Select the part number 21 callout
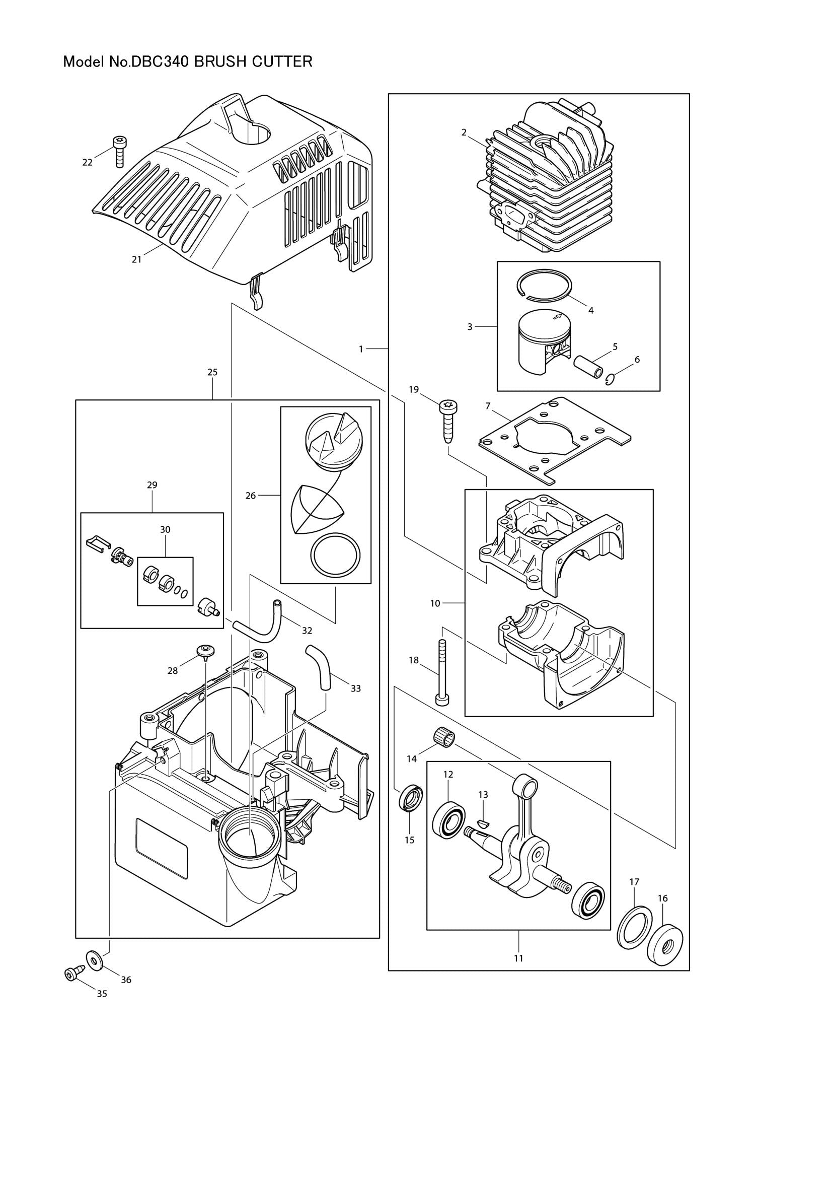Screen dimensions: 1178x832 (136, 259)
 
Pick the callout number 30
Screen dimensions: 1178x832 (165, 529)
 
